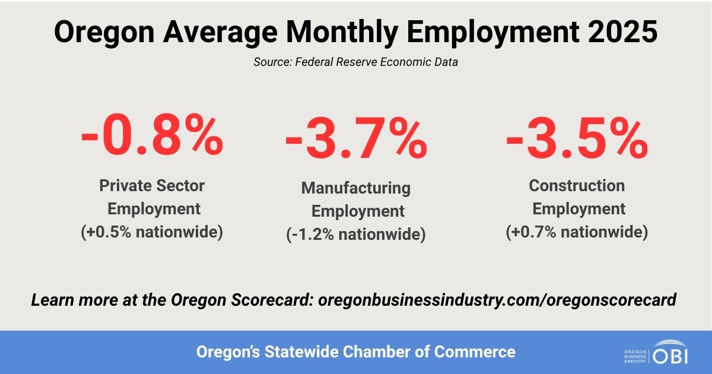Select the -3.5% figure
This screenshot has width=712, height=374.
576,140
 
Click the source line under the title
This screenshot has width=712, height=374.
355,62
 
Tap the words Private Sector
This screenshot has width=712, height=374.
152,186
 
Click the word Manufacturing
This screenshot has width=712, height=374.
355,188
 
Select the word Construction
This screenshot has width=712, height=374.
577,186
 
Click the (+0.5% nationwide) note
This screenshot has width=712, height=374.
152,232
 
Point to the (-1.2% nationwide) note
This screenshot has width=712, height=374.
355,234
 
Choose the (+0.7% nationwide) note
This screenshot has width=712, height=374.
577,232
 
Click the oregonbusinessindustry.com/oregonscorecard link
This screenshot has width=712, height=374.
497,300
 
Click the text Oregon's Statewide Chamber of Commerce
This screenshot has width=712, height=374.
356,352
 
